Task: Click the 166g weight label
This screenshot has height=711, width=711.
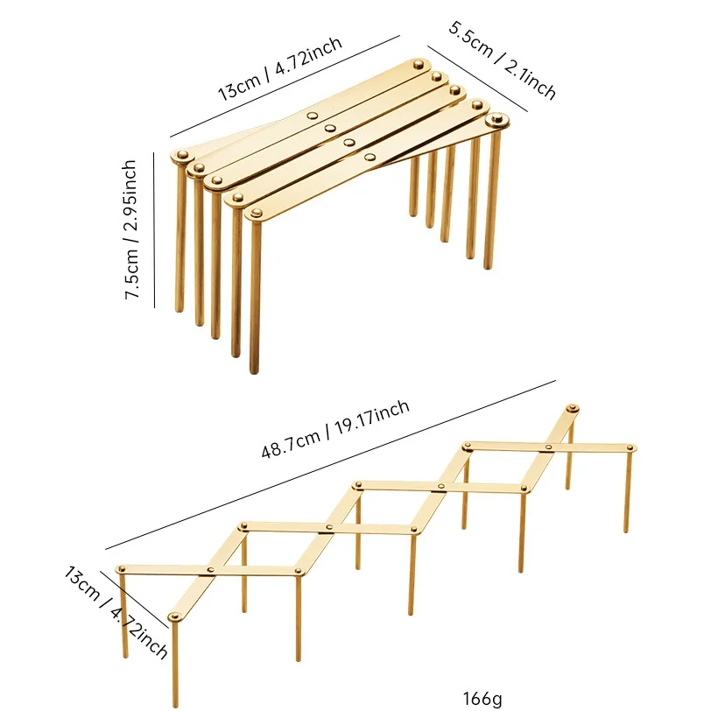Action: click(482, 698)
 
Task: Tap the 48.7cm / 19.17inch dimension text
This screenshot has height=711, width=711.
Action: click(335, 428)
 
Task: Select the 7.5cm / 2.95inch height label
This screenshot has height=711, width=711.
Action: click(130, 229)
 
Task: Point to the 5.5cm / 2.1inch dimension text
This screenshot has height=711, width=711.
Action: click(502, 60)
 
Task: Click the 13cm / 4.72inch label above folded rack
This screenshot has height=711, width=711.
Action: click(280, 68)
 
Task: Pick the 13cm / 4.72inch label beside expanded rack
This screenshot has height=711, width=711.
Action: click(116, 612)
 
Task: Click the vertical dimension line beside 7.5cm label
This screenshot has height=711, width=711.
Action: click(154, 230)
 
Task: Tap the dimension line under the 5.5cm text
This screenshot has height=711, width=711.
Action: click(477, 79)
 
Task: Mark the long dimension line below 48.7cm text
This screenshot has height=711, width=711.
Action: click(331, 465)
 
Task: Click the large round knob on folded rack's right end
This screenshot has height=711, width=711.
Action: click(496, 121)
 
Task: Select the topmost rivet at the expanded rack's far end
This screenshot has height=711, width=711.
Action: click(573, 408)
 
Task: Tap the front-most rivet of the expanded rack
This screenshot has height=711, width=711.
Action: click(174, 616)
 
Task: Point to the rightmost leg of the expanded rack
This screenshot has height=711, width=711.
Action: click(628, 490)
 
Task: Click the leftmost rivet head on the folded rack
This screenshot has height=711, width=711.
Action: click(182, 155)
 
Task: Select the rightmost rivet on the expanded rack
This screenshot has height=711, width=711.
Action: click(630, 448)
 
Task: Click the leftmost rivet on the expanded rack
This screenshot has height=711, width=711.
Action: click(121, 568)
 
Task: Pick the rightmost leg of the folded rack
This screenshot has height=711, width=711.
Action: click(491, 200)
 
